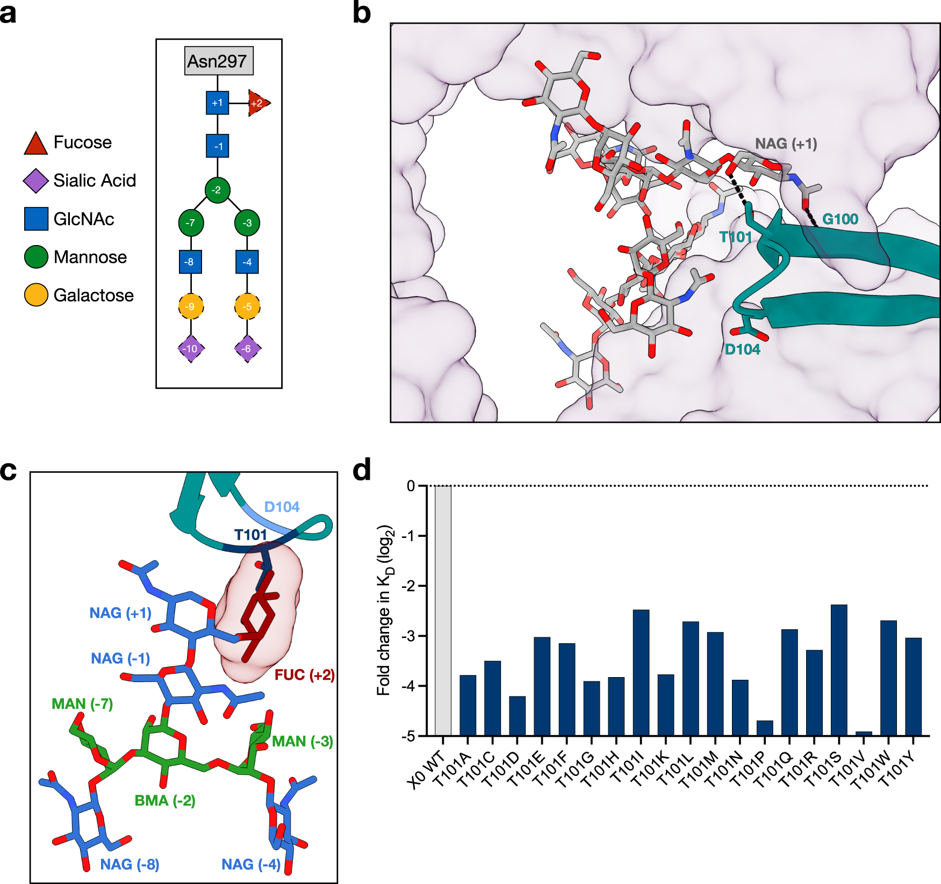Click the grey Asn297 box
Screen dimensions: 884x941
pyautogui.click(x=219, y=61)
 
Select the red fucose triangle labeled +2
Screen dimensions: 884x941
pyautogui.click(x=258, y=103)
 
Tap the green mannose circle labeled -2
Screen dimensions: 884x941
pyautogui.click(x=217, y=190)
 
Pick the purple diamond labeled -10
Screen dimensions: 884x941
pyautogui.click(x=191, y=348)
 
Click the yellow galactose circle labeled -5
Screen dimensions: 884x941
pyautogui.click(x=247, y=306)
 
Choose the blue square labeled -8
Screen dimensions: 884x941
pyautogui.click(x=190, y=262)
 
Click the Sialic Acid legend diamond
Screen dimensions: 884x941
pyautogui.click(x=36, y=181)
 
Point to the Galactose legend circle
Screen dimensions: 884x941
pyautogui.click(x=36, y=295)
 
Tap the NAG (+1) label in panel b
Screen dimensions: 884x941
pyautogui.click(x=786, y=143)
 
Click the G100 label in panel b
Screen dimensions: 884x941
pyautogui.click(x=840, y=219)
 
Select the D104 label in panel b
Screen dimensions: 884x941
pyautogui.click(x=742, y=349)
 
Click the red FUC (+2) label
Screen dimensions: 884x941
pyautogui.click(x=304, y=674)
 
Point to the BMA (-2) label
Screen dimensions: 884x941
pyautogui.click(x=164, y=800)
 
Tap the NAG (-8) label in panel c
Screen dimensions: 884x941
pyautogui.click(x=130, y=864)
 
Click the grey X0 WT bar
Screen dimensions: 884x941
pyautogui.click(x=443, y=610)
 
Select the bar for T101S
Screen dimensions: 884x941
pyautogui.click(x=839, y=670)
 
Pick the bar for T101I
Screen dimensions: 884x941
pyautogui.click(x=641, y=672)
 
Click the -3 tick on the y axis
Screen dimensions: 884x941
pyautogui.click(x=411, y=636)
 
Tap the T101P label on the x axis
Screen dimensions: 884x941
pyautogui.click(x=748, y=769)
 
